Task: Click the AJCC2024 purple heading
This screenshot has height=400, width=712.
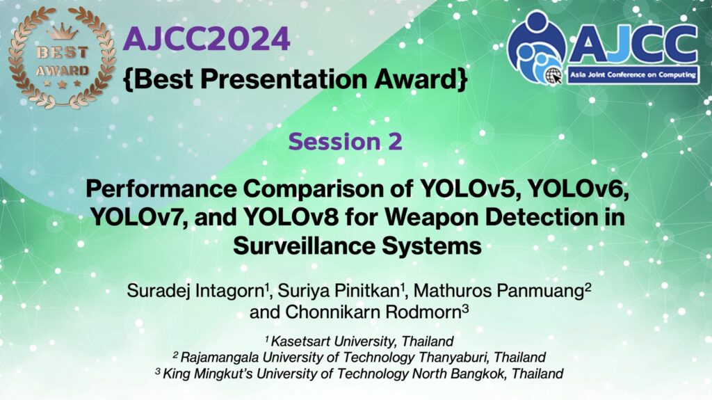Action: tap(207, 39)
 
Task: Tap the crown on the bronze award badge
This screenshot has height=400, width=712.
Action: tap(63, 32)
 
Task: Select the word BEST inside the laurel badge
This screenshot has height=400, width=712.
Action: tap(62, 52)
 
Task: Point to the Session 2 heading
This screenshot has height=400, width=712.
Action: tap(345, 141)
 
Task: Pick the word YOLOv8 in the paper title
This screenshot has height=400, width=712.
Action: tap(292, 217)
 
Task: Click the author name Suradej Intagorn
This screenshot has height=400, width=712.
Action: tap(195, 291)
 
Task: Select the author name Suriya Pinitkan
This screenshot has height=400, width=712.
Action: tap(338, 291)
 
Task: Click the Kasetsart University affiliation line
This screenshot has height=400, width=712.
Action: tap(359, 342)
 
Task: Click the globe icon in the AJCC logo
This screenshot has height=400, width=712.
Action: tap(553, 75)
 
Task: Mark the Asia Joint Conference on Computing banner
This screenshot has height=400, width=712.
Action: tap(633, 75)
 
